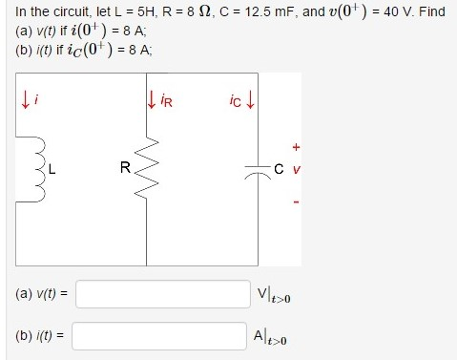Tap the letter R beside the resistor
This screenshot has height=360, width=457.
coord(125,170)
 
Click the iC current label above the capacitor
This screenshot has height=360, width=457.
coord(239,98)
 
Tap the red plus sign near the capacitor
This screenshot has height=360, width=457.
coord(297,147)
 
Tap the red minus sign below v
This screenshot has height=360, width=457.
coord(297,201)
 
